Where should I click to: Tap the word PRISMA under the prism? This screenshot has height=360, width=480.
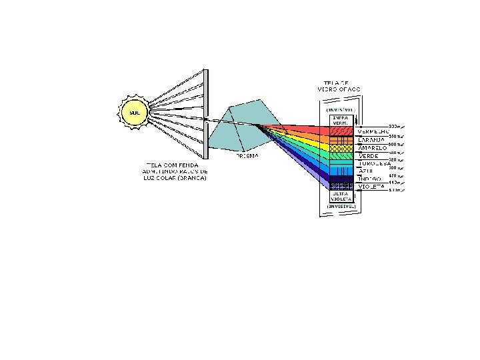coord(247,156)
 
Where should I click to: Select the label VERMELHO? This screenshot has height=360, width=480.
coord(373,131)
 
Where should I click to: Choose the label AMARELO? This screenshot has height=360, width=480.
coord(373,148)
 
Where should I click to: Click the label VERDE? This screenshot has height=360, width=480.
coord(369,156)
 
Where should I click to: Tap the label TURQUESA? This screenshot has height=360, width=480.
coord(374,164)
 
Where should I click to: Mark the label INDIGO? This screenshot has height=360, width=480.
coord(369,179)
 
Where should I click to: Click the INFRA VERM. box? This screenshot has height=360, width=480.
coord(341,121)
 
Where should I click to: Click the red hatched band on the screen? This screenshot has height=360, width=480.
coord(341,131)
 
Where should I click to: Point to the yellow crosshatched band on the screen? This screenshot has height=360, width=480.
coord(341,148)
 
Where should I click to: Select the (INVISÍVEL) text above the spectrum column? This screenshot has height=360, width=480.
coord(342,110)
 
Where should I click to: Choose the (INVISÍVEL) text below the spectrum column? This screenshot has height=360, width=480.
coord(342,207)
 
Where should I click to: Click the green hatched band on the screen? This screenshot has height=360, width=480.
coord(341,156)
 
